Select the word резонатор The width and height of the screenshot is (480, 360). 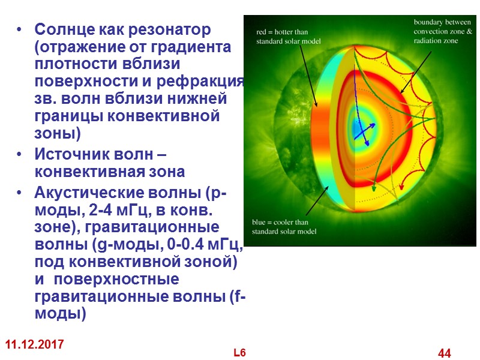click(x=161, y=29)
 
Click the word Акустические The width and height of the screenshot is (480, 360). click(x=88, y=194)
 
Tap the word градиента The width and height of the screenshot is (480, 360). click(x=198, y=47)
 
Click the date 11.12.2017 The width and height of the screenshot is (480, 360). click(x=35, y=345)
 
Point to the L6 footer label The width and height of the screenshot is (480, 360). click(x=239, y=352)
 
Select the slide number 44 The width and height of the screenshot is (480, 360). click(x=445, y=353)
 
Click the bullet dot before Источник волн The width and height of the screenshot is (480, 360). click(x=22, y=155)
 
